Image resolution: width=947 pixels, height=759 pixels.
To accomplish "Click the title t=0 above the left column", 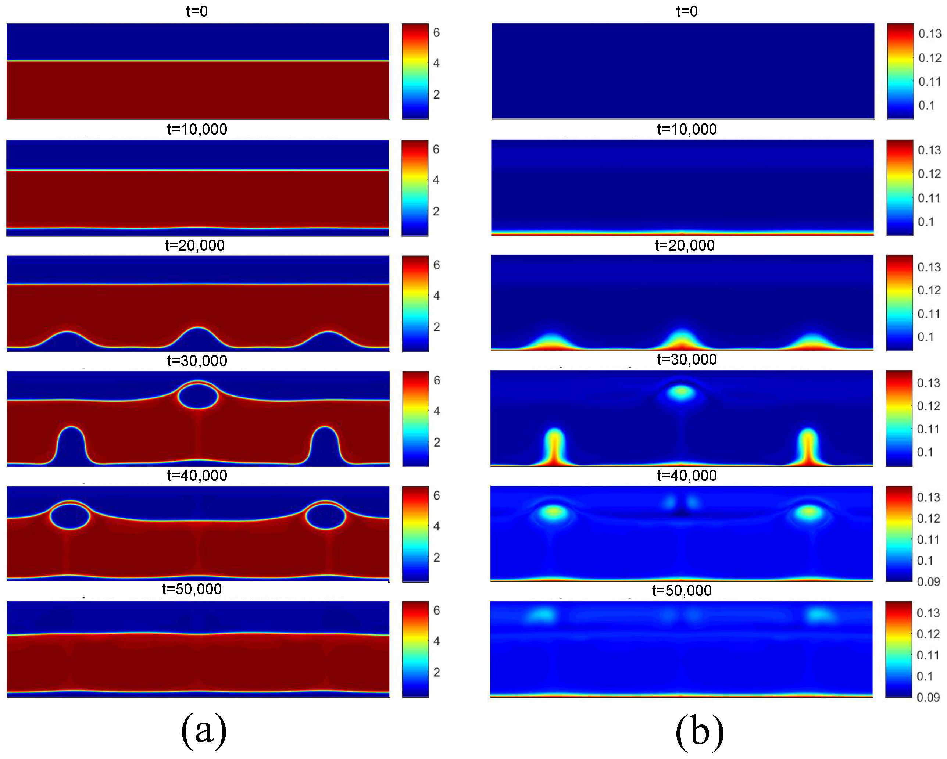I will (x=197, y=11).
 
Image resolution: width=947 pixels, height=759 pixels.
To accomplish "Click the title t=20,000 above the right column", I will (x=685, y=245).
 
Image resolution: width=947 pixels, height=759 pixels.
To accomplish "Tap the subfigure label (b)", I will (x=699, y=731).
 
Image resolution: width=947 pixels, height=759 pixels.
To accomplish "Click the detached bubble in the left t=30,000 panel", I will (x=198, y=396).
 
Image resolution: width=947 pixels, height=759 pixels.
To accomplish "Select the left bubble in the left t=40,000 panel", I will (x=70, y=516).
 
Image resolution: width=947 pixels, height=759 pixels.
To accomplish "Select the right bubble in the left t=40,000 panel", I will (x=325, y=516).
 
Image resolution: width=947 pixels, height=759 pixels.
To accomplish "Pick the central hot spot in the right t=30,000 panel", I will (x=681, y=392).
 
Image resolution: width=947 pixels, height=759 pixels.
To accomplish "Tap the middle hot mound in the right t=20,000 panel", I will (x=681, y=340).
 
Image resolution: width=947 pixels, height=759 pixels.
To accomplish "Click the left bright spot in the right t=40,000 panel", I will (x=554, y=512).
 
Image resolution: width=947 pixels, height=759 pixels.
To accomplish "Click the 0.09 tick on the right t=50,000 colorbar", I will (x=928, y=697).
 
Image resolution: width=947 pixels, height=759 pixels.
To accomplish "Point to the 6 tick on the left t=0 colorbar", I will (x=436, y=32).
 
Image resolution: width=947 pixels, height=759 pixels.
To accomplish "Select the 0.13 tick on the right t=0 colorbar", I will (x=929, y=33).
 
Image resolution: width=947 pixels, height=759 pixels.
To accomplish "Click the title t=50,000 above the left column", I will (x=192, y=589).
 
